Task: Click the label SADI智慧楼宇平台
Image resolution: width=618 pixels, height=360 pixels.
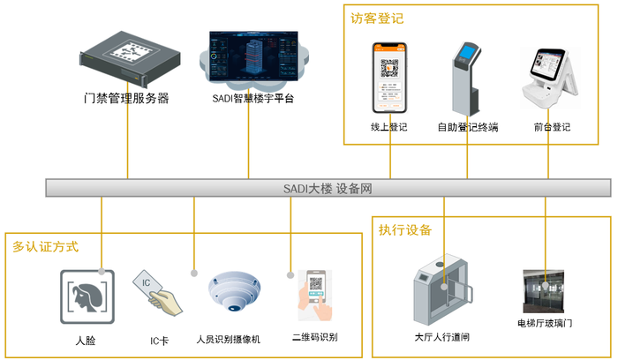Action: coord(253,98)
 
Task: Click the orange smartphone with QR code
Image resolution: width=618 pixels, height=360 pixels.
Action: coord(389,78)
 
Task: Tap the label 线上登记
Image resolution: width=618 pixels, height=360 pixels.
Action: coord(389,127)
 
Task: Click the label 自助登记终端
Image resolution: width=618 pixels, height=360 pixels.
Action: coord(468,127)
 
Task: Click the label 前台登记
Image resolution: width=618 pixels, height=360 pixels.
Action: coord(552,127)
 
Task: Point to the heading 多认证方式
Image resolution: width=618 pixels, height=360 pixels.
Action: coord(46,246)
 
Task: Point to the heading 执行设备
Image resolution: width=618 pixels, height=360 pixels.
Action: coord(405,230)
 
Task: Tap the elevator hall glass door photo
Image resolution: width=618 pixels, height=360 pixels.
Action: coord(545,290)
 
